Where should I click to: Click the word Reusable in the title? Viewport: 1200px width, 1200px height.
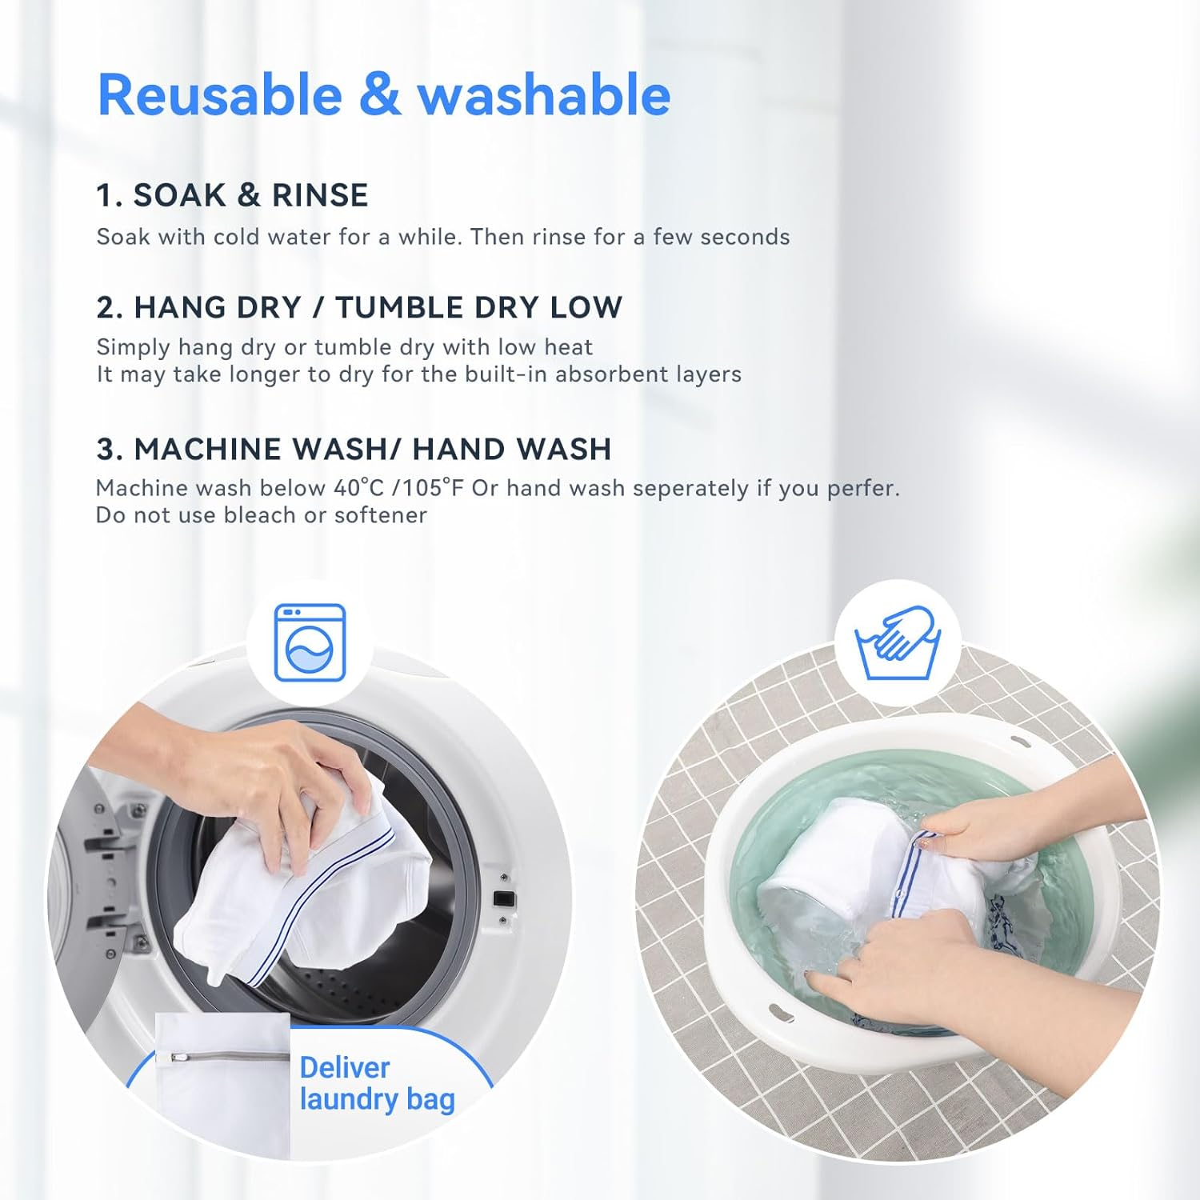[x=220, y=95]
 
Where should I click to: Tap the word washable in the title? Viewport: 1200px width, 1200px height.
[x=543, y=95]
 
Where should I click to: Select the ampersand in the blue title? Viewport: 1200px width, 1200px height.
[x=379, y=95]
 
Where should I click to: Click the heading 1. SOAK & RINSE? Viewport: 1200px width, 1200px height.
[x=232, y=195]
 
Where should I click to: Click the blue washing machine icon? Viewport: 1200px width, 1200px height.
[x=310, y=643]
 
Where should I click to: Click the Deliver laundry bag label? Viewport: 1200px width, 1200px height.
[x=377, y=1084]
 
